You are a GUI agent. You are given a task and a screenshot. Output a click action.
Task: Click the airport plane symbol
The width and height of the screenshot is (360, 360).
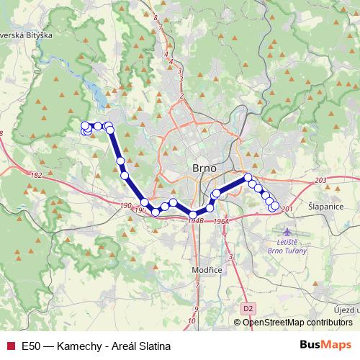tap(289, 233)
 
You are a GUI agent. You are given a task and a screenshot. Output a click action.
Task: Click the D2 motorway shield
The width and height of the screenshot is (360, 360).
tap(248, 308)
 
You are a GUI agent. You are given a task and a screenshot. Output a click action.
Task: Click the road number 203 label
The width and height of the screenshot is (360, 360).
tap(320, 180)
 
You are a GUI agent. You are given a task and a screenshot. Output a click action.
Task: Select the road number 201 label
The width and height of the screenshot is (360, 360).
tap(287, 209)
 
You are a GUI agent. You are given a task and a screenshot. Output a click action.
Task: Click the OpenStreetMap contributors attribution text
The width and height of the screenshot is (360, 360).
tap(297, 323)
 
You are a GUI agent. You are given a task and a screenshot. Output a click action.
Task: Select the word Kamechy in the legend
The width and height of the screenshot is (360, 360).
tap(77, 346)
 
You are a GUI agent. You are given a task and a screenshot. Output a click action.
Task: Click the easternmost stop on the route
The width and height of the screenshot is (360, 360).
tap(274, 207)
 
